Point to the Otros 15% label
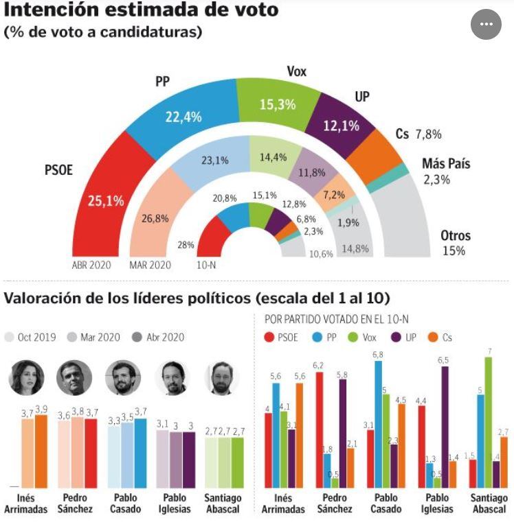coord(455,243)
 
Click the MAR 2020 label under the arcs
coord(150,265)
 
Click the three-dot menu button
coord(487,24)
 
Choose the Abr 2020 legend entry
coord(160,337)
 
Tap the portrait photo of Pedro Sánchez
coord(74,377)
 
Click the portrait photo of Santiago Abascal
coord(222,377)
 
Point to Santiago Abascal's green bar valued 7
coord(489,422)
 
